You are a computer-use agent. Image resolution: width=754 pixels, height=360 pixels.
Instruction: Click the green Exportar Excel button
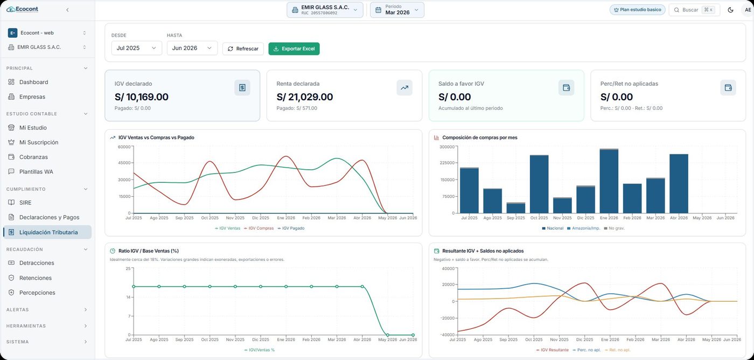point(294,49)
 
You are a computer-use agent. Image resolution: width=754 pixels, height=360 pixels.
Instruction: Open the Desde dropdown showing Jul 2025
point(136,48)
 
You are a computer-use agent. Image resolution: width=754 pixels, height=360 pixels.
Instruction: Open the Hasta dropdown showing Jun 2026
point(192,48)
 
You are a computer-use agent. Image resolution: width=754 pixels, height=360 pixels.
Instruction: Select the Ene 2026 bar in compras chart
point(609,181)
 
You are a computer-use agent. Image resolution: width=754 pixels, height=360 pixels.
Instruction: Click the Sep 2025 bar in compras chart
point(516,208)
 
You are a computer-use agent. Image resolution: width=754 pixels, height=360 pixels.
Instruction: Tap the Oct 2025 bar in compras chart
point(539,184)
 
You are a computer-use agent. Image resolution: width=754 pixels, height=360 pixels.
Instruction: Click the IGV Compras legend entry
point(259,229)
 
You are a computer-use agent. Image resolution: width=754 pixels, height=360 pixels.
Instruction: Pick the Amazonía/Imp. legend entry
point(583,229)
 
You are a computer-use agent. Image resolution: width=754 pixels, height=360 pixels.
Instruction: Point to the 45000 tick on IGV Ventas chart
point(124,163)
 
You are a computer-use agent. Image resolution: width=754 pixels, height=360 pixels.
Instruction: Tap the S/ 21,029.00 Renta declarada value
point(305,97)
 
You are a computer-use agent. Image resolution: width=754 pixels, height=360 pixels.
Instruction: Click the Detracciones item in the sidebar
point(37,263)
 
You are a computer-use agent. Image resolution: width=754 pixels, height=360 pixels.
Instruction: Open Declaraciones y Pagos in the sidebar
point(49,217)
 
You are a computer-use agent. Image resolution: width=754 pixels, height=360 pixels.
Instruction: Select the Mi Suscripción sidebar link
point(39,142)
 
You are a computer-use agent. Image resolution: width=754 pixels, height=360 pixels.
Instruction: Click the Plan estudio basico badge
point(637,10)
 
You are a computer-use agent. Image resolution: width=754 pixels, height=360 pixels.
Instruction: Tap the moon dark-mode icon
point(730,10)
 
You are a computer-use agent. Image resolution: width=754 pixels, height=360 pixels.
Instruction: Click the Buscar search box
point(694,10)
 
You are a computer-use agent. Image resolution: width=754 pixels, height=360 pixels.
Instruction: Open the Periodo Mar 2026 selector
point(397,10)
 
